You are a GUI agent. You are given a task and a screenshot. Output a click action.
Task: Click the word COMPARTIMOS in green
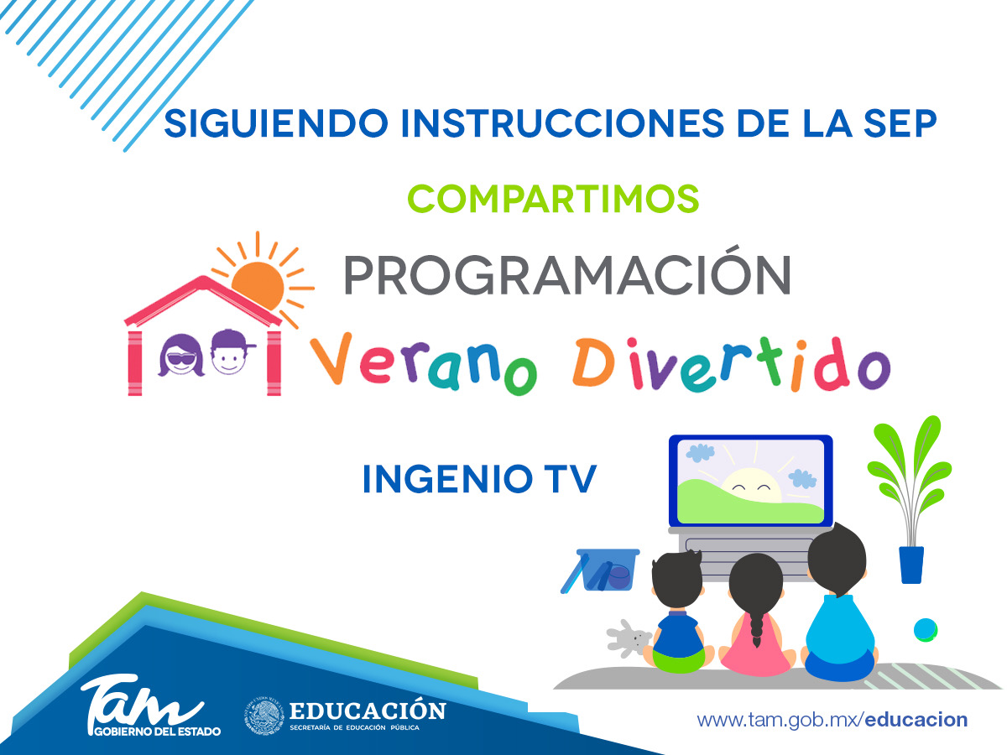coord(553,199)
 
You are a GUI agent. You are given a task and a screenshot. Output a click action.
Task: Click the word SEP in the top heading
coord(900,123)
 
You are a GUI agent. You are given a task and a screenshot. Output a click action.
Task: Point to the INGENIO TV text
coord(479,478)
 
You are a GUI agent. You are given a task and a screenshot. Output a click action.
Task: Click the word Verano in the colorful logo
coord(423,363)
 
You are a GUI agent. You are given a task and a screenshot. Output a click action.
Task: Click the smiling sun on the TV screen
coord(751,487)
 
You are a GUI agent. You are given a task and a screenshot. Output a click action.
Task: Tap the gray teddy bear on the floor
coord(628,638)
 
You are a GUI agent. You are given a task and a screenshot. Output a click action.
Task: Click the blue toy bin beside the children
coord(602,570)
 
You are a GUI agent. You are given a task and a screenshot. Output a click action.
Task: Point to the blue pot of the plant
coord(911,565)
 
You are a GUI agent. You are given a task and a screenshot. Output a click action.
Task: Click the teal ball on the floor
coord(926,629)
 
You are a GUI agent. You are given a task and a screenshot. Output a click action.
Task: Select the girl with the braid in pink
coord(757,614)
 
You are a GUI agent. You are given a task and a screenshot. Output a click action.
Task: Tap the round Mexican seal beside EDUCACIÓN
coord(263,716)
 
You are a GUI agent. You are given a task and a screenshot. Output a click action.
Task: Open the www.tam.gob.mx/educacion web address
coord(832,720)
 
